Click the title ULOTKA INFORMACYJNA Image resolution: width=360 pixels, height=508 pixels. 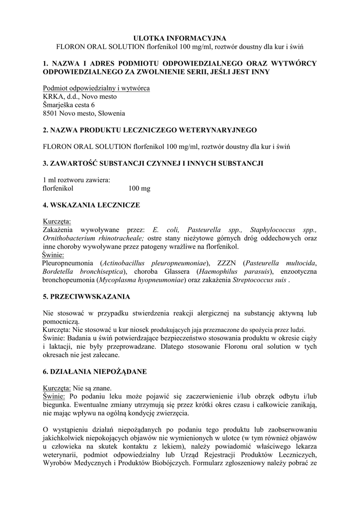point(180,38)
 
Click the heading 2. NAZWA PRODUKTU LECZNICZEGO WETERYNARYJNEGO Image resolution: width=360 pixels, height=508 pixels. point(150,130)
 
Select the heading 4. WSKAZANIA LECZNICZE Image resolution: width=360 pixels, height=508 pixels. point(91,204)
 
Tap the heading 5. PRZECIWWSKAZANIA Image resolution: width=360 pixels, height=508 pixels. point(86,297)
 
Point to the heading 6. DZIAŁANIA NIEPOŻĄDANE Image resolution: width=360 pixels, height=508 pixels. point(95,371)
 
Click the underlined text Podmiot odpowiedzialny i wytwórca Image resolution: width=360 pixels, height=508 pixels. point(96,88)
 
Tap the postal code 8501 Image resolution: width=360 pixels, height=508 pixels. point(51,114)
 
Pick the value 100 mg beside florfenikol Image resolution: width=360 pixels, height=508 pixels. point(139,189)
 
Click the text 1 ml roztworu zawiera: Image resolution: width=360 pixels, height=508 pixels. point(76,180)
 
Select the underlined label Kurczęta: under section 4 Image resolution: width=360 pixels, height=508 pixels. point(57,221)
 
